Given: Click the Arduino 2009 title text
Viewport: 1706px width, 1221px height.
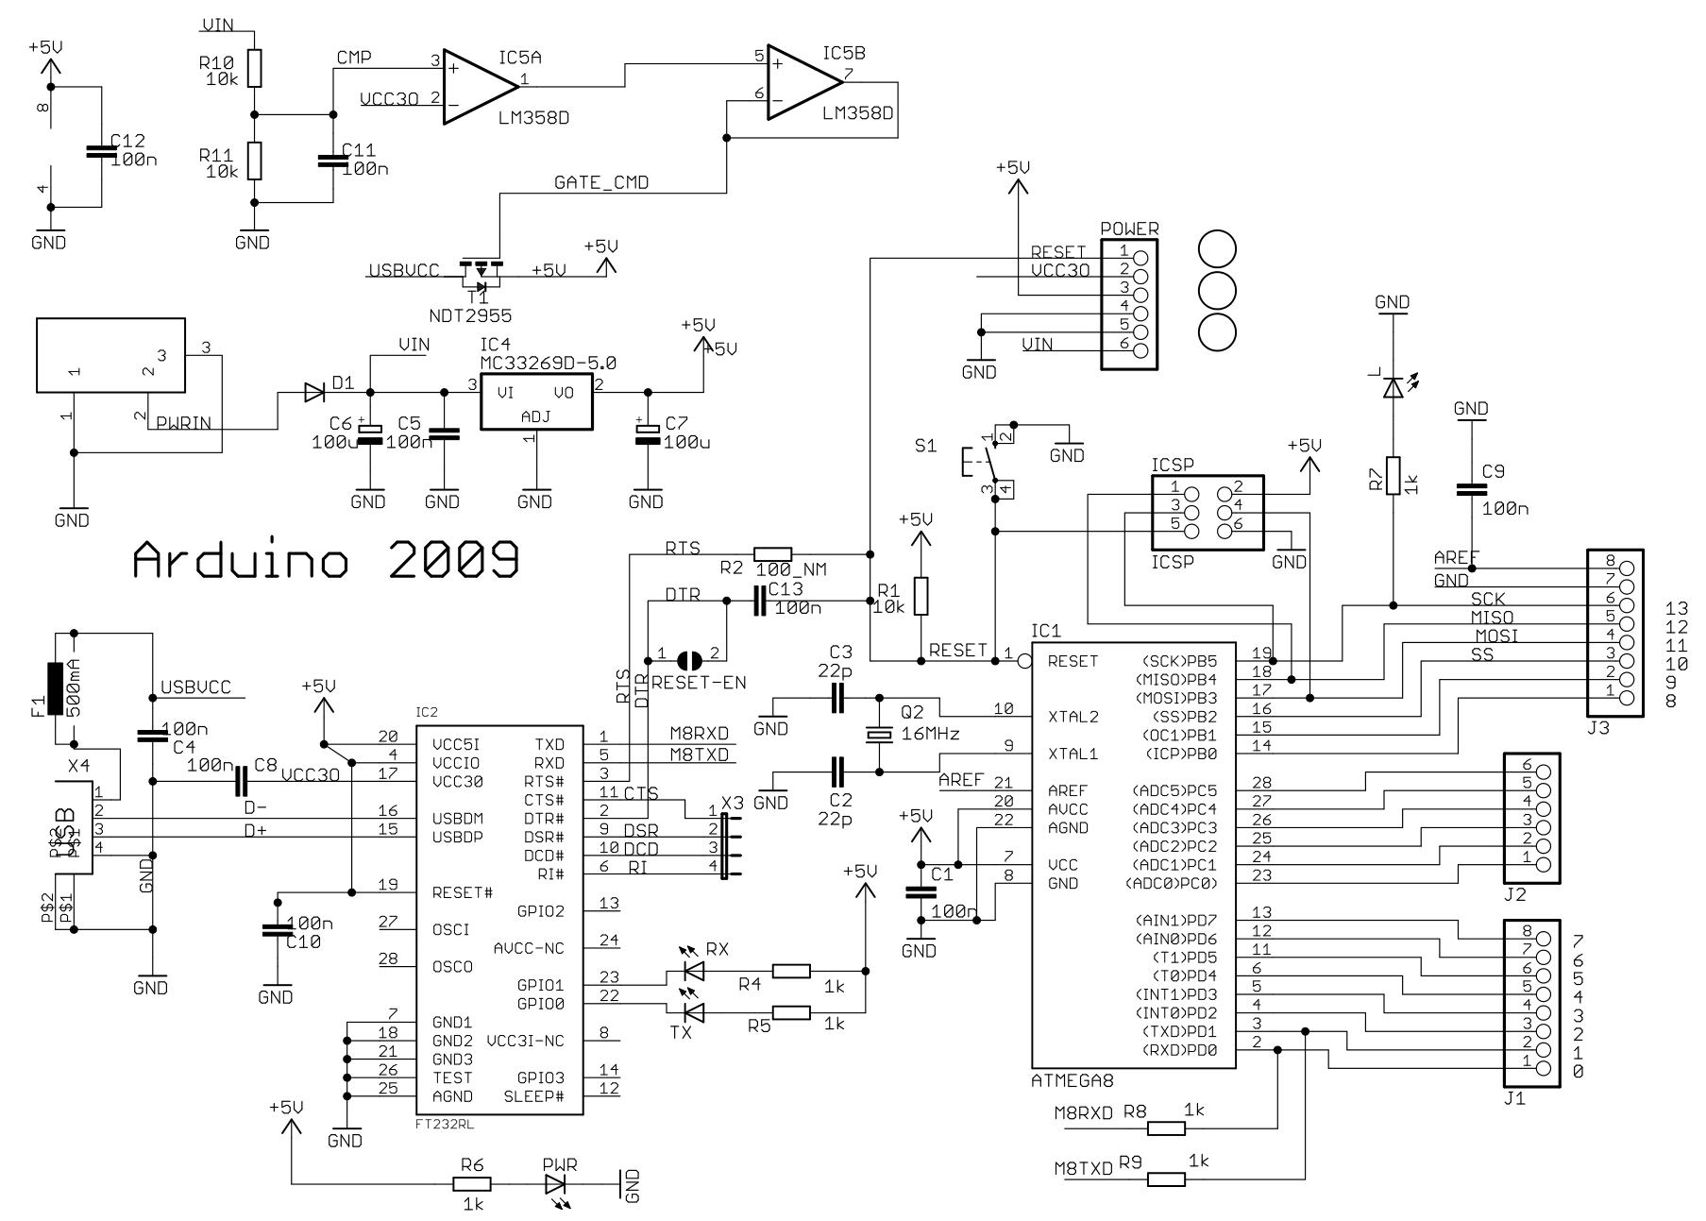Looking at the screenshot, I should coord(326,559).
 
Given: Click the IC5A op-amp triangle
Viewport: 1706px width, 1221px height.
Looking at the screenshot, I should coord(477,87).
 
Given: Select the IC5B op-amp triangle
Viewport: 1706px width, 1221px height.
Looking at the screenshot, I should coord(801,83).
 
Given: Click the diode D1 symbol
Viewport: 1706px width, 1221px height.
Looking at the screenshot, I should coord(314,393).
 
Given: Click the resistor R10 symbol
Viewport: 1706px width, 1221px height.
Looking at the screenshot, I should coord(253,68).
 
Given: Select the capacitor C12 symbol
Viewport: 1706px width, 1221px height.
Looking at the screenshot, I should coord(93,151).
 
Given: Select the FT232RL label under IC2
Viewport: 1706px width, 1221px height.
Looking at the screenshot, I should coord(445,1126).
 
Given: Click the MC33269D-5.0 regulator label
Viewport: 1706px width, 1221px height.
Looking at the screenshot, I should coord(549,363).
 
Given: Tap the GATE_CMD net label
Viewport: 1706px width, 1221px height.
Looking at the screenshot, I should coord(601,182).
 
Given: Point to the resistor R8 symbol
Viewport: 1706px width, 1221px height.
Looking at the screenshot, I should coord(1167,1128).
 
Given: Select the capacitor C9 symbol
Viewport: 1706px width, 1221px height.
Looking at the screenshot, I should coord(1470,489).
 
